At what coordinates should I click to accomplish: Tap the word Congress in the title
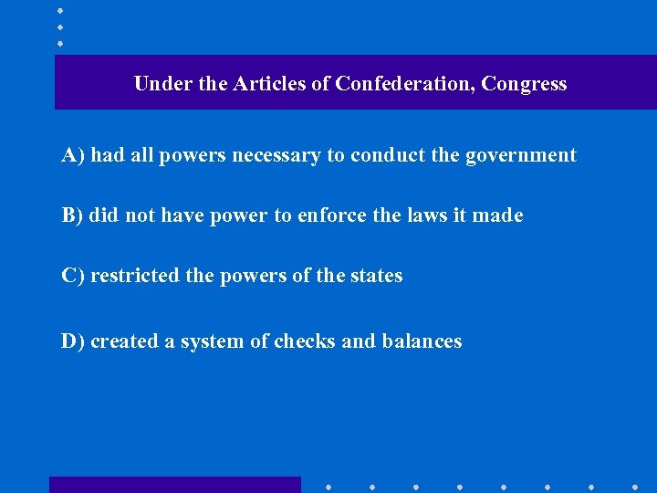coord(524,84)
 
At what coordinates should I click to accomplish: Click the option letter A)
coord(73,155)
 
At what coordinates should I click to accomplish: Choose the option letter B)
coord(73,215)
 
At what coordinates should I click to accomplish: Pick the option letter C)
coord(73,276)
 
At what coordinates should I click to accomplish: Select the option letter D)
coord(73,341)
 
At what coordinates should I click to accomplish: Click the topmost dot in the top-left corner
coord(60,10)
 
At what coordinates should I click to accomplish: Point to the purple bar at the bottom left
coord(174,485)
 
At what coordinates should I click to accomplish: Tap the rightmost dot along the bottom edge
coord(635,486)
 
